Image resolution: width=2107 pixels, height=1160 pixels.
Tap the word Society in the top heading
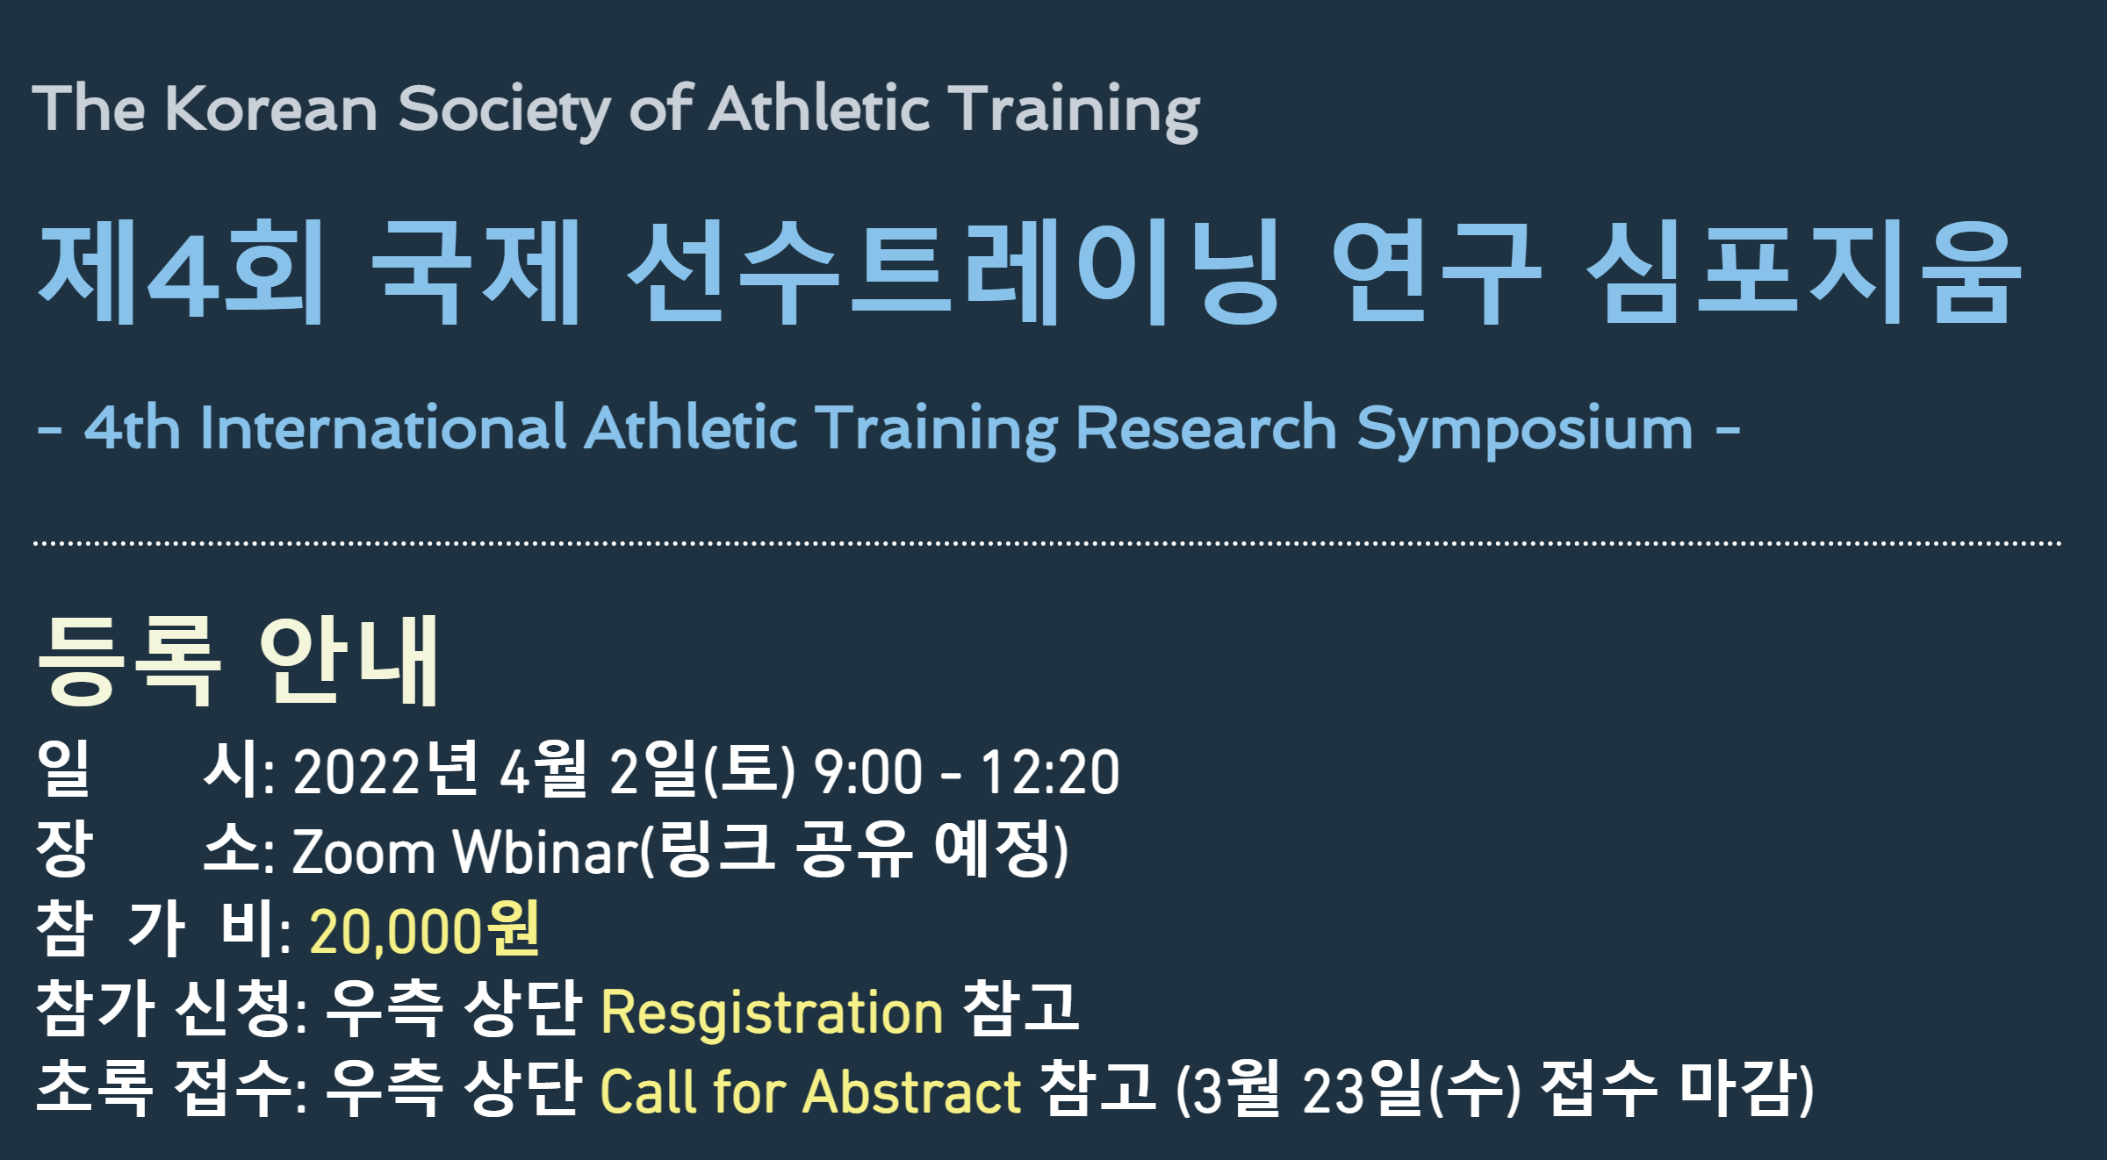coord(504,111)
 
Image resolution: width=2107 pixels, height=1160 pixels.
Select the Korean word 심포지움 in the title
coord(1804,272)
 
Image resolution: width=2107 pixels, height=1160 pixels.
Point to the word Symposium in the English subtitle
coord(1525,431)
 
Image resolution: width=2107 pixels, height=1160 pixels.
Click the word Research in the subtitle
coord(1206,428)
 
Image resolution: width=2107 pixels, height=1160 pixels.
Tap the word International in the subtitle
coord(384,428)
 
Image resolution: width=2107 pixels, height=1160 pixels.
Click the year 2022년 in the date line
coord(386,770)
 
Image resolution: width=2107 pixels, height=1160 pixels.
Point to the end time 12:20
coord(1050,772)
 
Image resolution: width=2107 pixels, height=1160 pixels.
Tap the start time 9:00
coord(868,772)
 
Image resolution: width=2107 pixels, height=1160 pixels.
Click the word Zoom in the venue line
coord(363,851)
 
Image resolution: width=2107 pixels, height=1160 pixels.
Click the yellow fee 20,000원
coord(425,930)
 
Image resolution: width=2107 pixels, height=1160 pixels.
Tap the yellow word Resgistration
coord(772,1013)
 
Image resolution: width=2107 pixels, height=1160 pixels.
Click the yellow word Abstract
coord(912,1092)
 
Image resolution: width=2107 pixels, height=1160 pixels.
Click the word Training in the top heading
coord(1077,111)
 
